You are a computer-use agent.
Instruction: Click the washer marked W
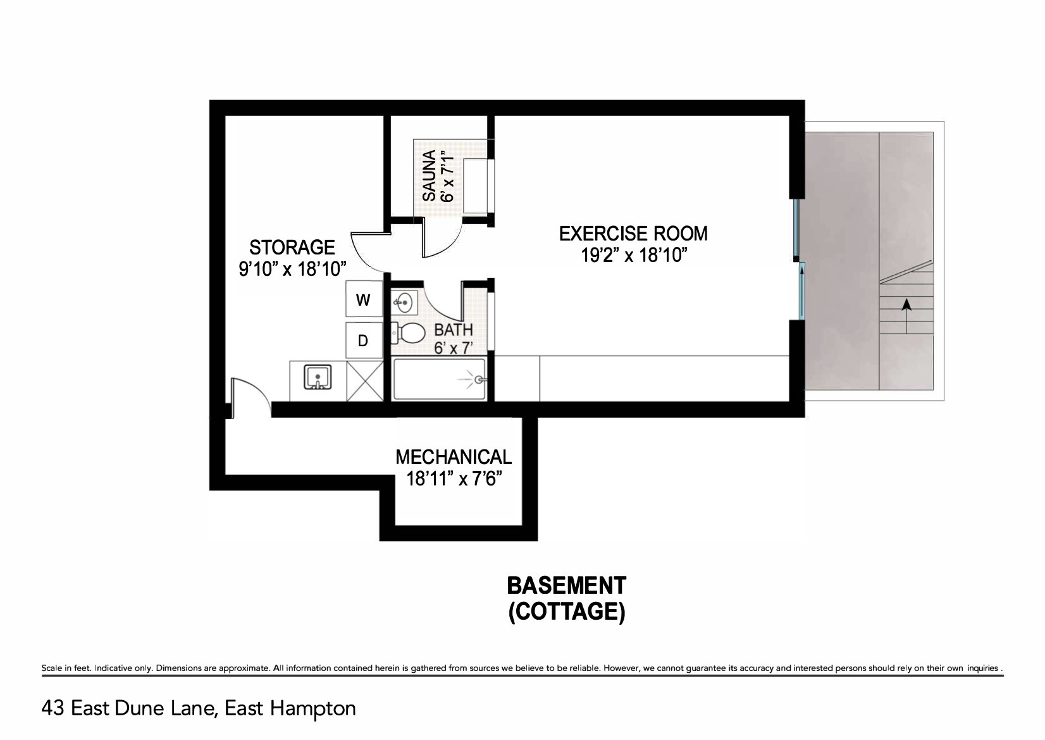pos(364,299)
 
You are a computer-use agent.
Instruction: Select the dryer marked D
pos(364,341)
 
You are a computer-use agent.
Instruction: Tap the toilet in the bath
pos(408,333)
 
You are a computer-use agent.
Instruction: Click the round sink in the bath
pos(404,303)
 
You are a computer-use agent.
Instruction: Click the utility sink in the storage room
pos(318,377)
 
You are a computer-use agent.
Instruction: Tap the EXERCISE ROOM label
pos(633,234)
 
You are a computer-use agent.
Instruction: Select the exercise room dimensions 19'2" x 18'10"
pos(634,255)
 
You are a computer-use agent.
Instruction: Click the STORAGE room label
pos(292,248)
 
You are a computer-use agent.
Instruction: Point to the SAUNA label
pos(429,175)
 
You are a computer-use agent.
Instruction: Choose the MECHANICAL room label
pos(454,457)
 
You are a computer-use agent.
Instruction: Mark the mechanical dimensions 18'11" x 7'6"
pos(454,479)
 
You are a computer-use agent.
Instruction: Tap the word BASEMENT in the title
pos(566,586)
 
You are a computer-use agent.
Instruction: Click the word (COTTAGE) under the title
pos(567,611)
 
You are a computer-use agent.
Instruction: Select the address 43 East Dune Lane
pos(129,709)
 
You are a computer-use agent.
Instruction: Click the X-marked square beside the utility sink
pos(365,381)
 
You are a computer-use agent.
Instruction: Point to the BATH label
pos(454,330)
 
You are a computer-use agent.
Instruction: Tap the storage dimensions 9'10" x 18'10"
pos(292,270)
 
